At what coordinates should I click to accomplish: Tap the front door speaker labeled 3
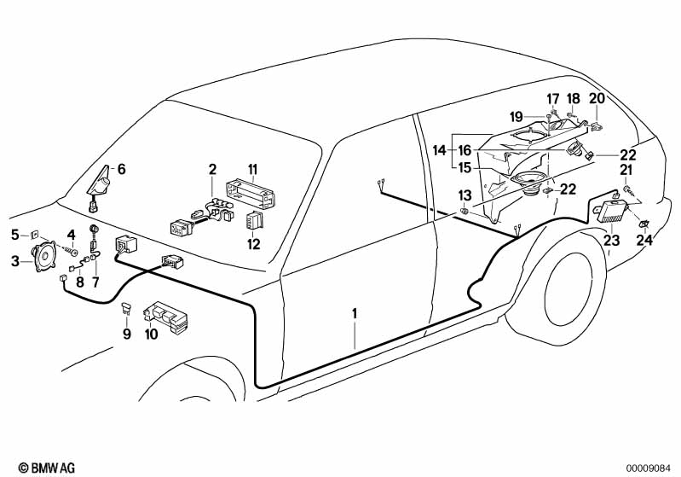pos(43,257)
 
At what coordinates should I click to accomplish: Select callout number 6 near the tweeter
pos(121,170)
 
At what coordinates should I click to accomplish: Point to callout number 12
pos(252,244)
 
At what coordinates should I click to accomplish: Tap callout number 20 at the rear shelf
pos(597,98)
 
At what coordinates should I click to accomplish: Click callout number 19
pos(540,117)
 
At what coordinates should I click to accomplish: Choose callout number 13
pos(465,195)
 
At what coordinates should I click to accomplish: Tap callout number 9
pos(127,334)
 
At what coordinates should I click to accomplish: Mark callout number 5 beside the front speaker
pos(14,233)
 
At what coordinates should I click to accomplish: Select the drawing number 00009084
pos(652,467)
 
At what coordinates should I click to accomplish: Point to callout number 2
pos(211,170)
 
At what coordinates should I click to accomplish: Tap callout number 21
pos(626,171)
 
